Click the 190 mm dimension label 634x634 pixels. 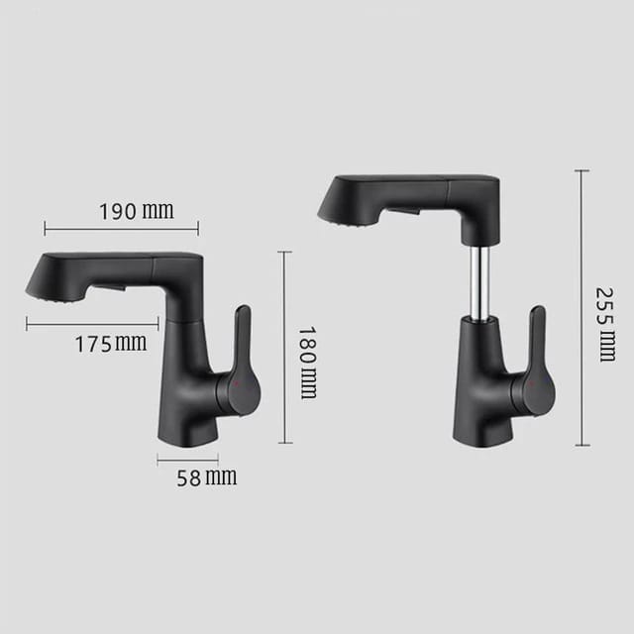[136, 210]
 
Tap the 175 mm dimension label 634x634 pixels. [110, 343]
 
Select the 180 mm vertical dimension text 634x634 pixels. [307, 362]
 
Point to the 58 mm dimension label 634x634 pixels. [206, 477]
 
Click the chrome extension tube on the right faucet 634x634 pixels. [479, 282]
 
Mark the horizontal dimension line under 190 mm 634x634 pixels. [121, 228]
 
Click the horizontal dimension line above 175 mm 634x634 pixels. [92, 322]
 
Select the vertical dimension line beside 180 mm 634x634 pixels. [285, 347]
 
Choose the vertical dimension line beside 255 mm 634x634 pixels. [581, 307]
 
